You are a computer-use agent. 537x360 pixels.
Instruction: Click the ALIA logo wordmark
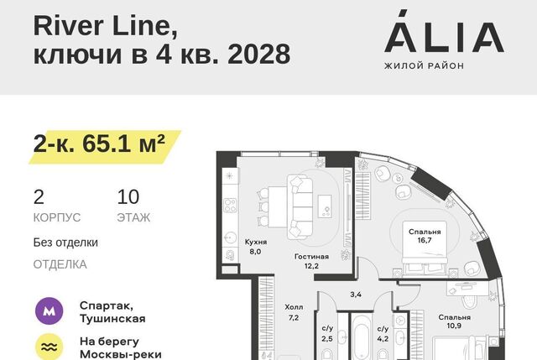[x=444, y=32]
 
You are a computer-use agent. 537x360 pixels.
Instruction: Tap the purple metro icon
[x=50, y=311]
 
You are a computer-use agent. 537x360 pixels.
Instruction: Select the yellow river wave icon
[x=50, y=347]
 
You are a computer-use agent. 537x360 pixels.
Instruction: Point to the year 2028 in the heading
[x=259, y=54]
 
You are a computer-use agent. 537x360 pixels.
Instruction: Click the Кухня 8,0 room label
[x=255, y=247]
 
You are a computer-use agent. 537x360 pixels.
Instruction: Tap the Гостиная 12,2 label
[x=311, y=261]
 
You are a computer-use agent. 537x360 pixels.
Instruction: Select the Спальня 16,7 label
[x=425, y=236]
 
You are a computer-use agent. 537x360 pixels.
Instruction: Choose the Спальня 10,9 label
[x=454, y=321]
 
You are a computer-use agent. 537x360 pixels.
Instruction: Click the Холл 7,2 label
[x=294, y=312]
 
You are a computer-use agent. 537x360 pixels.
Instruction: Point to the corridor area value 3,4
[x=356, y=295]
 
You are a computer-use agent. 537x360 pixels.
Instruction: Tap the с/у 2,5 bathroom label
[x=327, y=334]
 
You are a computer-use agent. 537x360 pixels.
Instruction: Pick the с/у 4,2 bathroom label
[x=383, y=334]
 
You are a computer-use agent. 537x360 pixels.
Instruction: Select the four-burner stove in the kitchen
[x=231, y=206]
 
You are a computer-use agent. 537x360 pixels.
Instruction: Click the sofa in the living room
[x=300, y=207]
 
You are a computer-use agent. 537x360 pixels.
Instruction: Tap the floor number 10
[x=128, y=197]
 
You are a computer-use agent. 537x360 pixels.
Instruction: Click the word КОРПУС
[x=57, y=218]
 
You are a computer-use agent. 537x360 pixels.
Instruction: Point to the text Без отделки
[x=65, y=243]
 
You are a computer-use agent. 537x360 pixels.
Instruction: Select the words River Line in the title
[x=106, y=26]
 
